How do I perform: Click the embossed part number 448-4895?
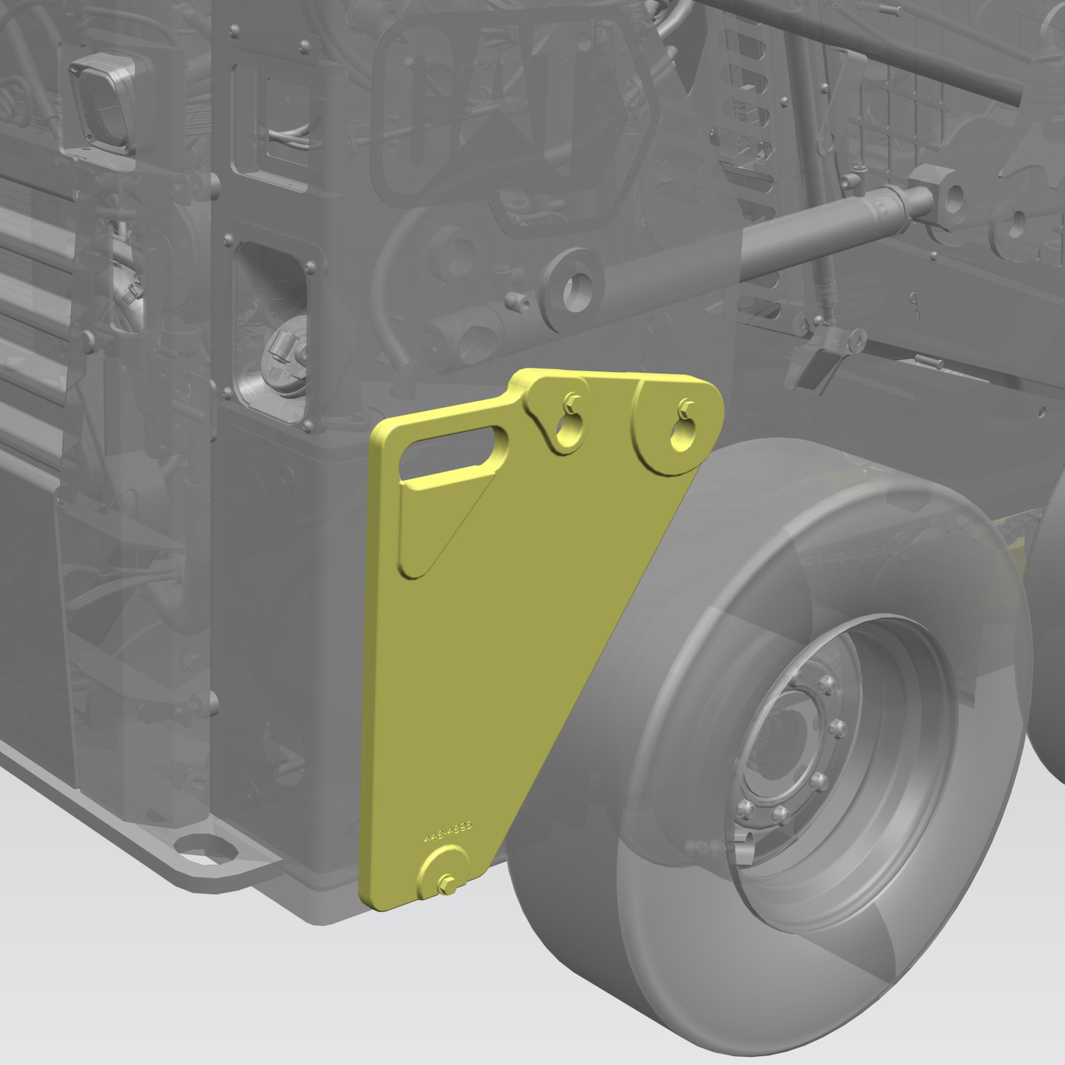(448, 832)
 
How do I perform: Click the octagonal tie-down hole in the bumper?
(205, 849)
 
